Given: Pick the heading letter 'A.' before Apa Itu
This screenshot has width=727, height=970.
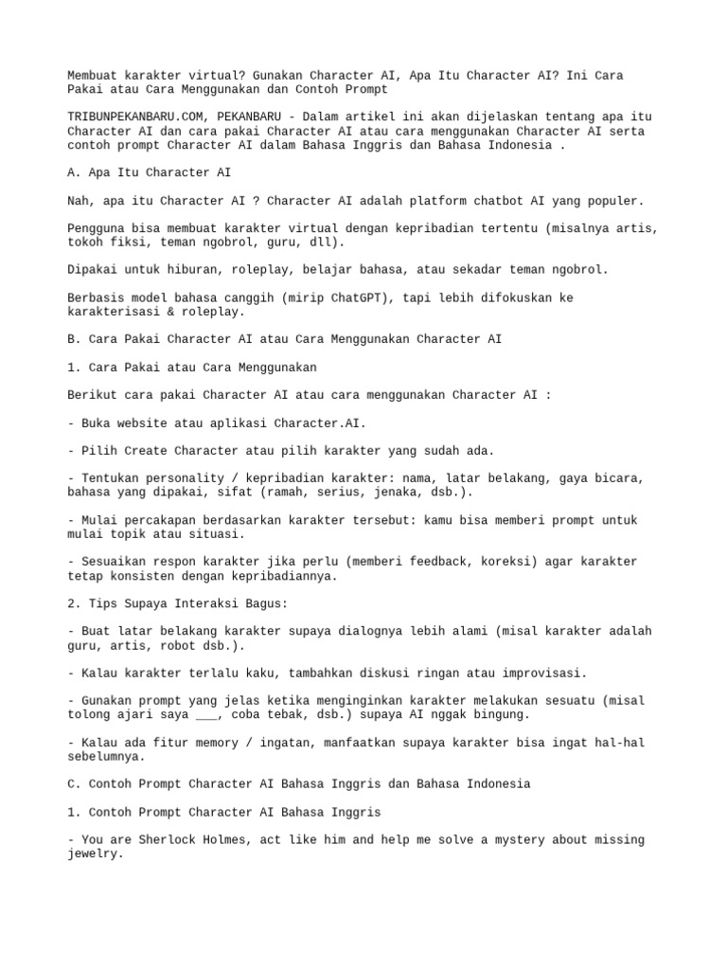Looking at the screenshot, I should pyautogui.click(x=75, y=172).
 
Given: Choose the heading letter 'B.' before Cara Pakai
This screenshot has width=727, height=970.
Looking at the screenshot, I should pyautogui.click(x=75, y=338).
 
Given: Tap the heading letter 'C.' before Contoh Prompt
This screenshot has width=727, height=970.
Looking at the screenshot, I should pyautogui.click(x=75, y=783).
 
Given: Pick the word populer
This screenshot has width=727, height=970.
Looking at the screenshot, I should pyautogui.click(x=612, y=200).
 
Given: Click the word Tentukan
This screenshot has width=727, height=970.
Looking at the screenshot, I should pyautogui.click(x=114, y=478).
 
